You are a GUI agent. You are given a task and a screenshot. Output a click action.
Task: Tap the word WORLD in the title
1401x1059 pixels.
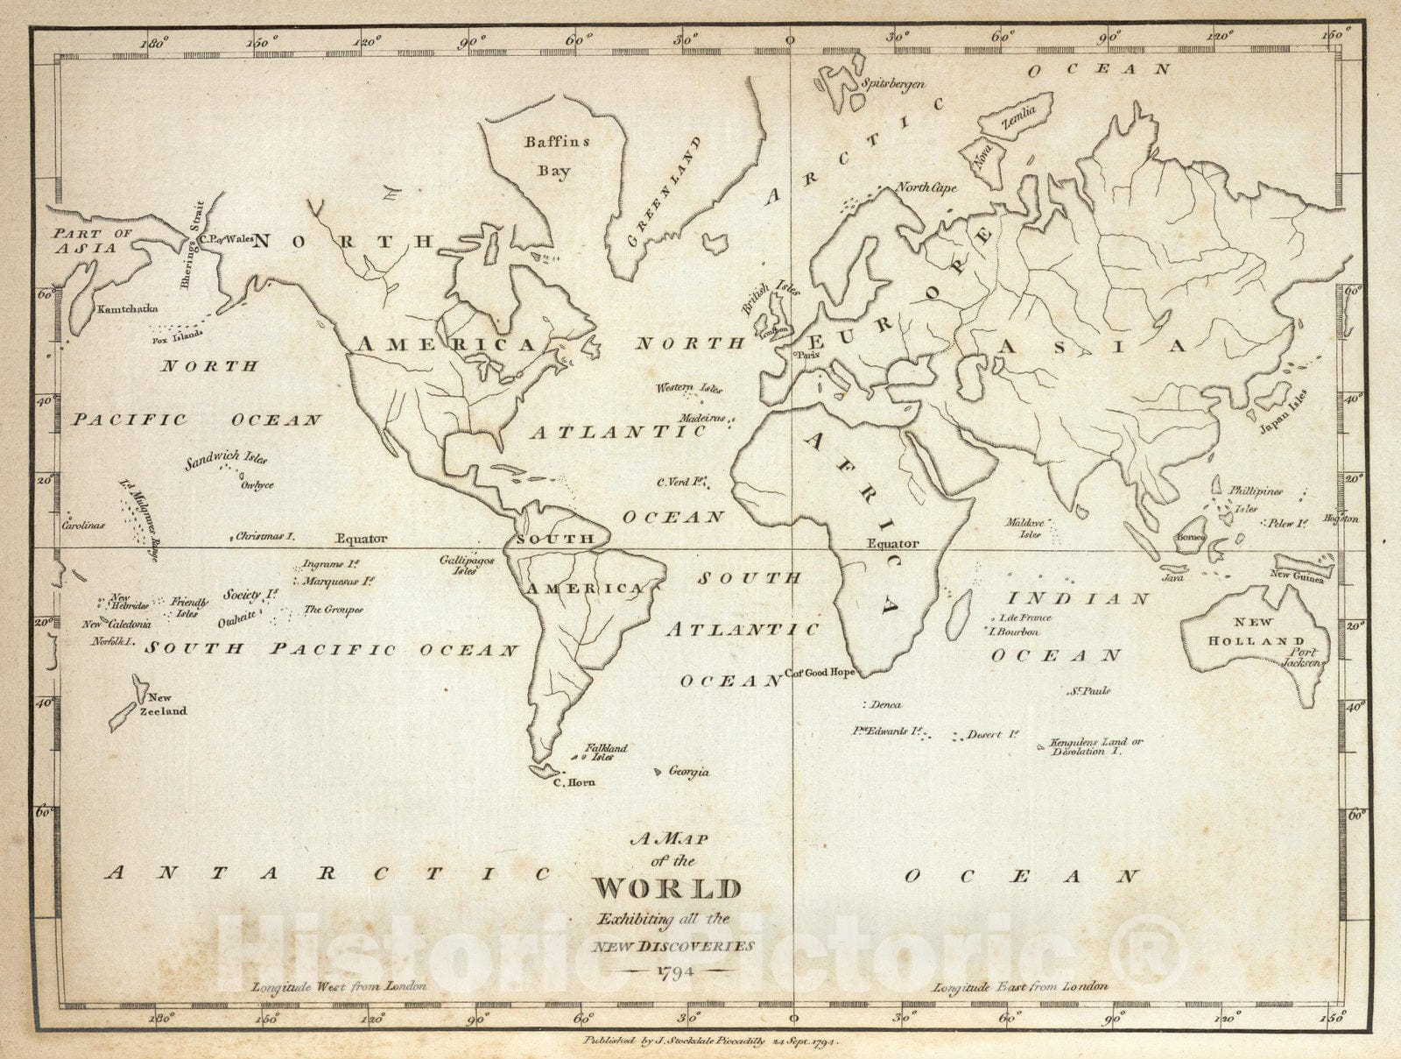667,888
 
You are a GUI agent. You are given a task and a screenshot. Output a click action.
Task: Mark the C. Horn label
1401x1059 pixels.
574,782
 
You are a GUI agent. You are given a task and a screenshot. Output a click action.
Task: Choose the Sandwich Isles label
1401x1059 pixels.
225,458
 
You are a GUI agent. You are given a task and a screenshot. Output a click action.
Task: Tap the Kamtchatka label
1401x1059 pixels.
128,308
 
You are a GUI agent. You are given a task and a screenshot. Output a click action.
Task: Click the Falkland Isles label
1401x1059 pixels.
605,752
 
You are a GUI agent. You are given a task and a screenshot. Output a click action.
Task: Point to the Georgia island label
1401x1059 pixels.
688,772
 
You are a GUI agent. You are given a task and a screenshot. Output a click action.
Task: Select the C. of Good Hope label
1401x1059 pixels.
820,673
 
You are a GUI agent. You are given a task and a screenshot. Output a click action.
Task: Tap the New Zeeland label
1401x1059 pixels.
163,704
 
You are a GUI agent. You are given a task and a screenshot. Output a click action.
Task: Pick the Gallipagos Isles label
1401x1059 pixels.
467,565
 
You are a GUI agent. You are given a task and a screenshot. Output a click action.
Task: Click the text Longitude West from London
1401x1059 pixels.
339,986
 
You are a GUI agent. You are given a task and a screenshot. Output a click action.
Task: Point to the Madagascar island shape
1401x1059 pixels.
960,613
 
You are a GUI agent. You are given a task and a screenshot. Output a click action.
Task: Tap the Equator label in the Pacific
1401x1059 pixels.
361,539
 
